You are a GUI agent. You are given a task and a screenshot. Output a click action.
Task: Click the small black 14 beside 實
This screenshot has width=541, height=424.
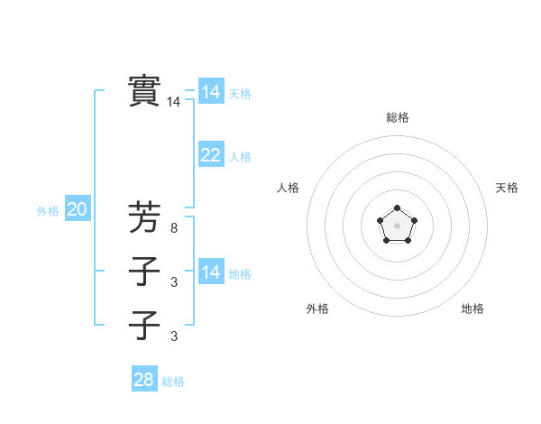pyautogui.click(x=173, y=103)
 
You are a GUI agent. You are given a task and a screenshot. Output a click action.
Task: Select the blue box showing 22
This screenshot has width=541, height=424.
pyautogui.click(x=210, y=155)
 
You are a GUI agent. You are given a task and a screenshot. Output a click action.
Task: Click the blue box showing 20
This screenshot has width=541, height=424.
pyautogui.click(x=77, y=210)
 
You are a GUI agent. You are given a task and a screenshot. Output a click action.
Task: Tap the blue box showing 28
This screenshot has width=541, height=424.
pyautogui.click(x=143, y=380)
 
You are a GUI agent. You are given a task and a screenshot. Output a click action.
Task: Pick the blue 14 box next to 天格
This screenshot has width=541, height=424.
pyautogui.click(x=210, y=92)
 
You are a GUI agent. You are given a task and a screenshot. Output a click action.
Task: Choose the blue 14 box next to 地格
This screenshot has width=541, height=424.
pyautogui.click(x=210, y=272)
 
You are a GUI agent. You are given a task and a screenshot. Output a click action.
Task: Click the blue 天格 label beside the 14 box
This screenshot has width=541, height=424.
pyautogui.click(x=239, y=94)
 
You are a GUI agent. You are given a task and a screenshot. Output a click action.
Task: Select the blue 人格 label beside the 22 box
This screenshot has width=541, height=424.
pyautogui.click(x=239, y=157)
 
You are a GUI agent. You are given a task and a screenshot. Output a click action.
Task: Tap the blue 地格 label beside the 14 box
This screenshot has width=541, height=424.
pyautogui.click(x=239, y=274)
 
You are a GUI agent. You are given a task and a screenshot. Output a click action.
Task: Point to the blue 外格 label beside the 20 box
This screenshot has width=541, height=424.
pyautogui.click(x=48, y=211)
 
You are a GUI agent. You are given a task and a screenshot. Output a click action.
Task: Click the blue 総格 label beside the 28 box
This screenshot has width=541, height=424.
pyautogui.click(x=173, y=382)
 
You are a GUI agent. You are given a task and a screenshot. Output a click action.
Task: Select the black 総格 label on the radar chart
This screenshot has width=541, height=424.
pyautogui.click(x=397, y=117)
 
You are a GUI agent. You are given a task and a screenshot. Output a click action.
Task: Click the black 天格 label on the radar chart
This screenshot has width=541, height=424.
pyautogui.click(x=507, y=188)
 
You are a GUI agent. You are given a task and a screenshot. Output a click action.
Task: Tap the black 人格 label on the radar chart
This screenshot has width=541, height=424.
pyautogui.click(x=288, y=188)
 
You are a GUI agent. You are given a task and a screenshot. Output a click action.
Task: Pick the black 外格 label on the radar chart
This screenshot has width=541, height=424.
pyautogui.click(x=317, y=309)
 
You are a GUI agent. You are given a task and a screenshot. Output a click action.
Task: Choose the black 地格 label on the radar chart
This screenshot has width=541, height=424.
pyautogui.click(x=472, y=309)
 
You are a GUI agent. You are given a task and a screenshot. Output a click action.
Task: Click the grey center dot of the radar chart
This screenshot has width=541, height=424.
pyautogui.click(x=397, y=224)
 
